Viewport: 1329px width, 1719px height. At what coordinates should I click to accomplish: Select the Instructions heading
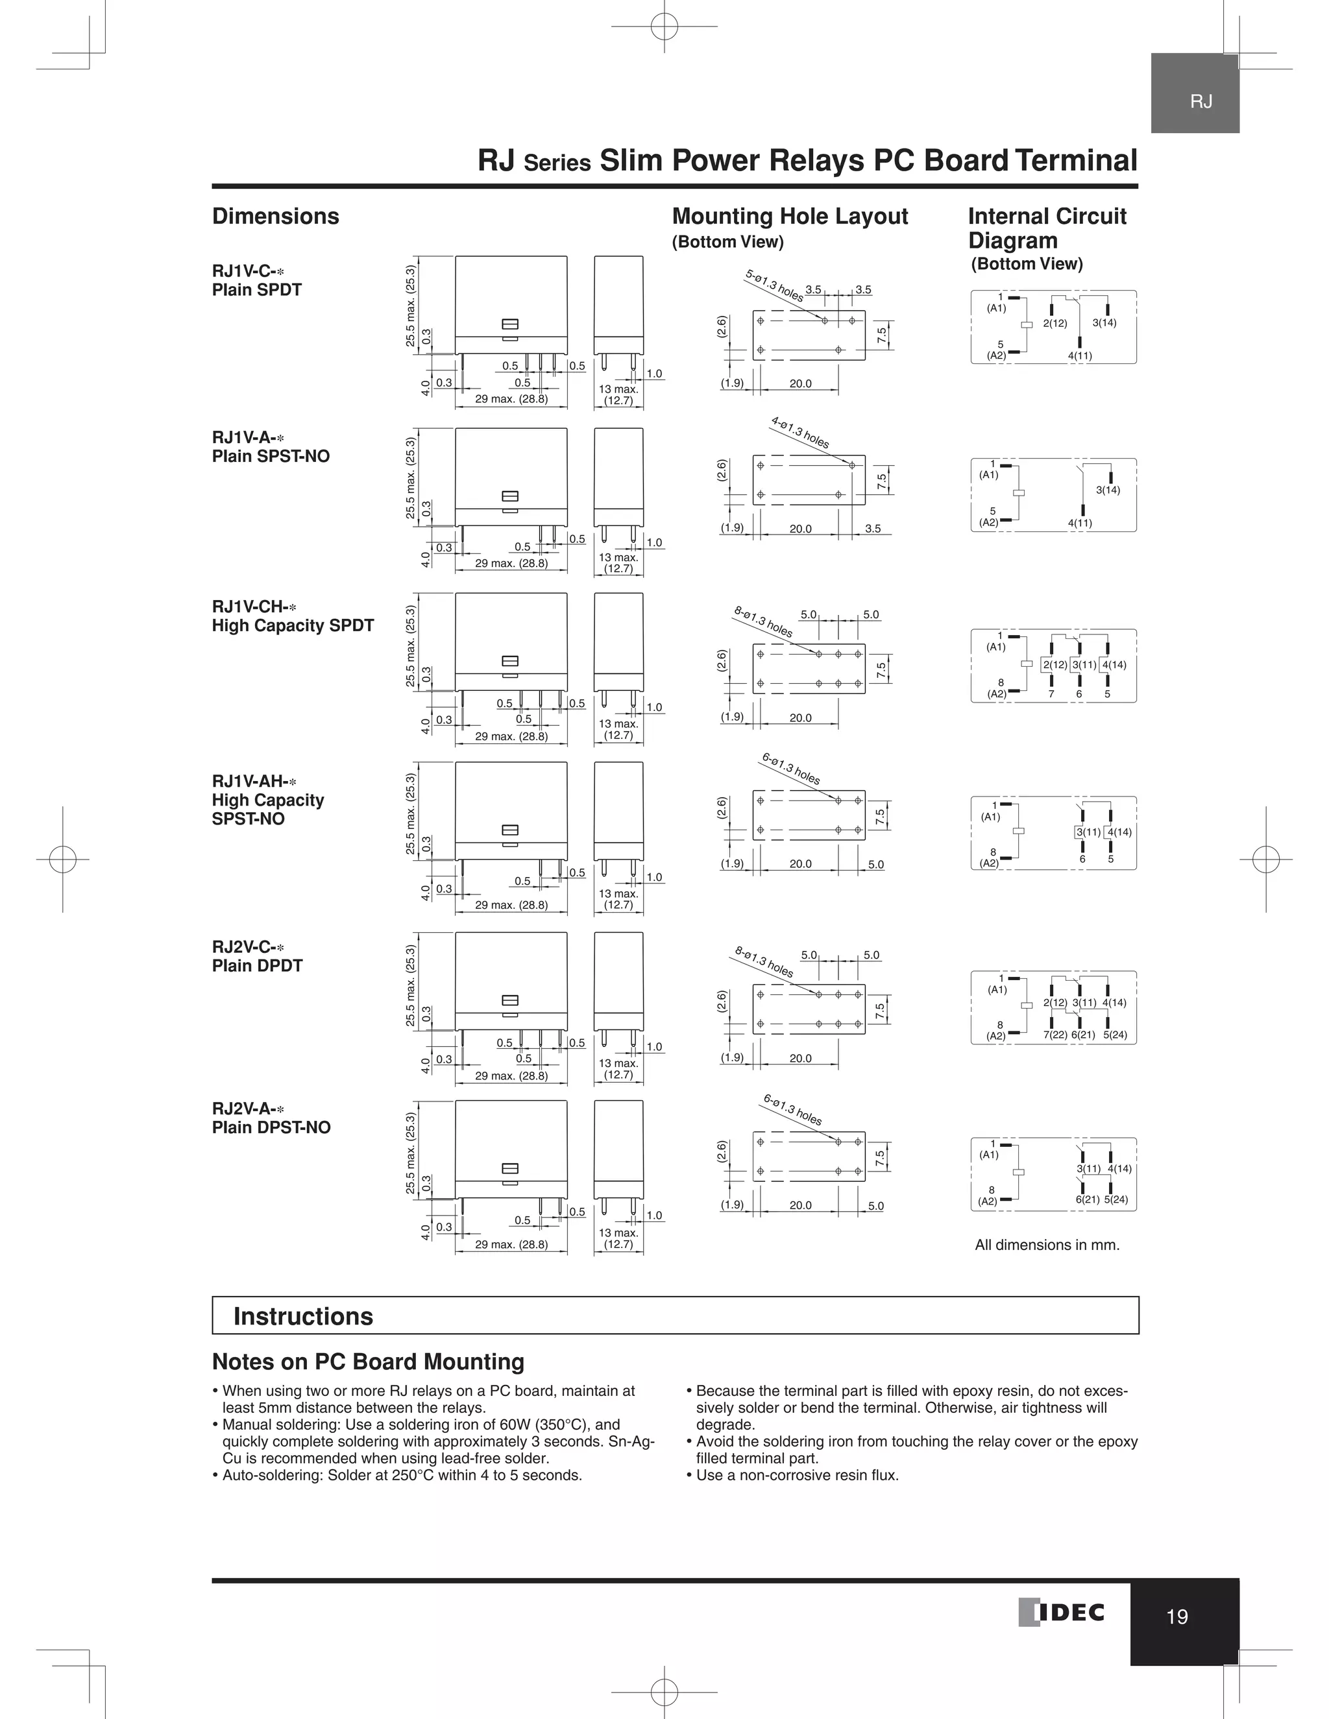click(303, 1316)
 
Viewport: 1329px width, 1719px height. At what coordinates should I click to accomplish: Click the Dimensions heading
click(276, 217)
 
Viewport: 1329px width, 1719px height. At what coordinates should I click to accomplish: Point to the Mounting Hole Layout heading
click(790, 217)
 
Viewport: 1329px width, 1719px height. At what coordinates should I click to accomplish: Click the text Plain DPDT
click(257, 966)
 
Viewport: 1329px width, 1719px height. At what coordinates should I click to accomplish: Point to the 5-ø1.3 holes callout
click(775, 285)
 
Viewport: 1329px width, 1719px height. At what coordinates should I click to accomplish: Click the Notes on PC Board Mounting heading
click(368, 1362)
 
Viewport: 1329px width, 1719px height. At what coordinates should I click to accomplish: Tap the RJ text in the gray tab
click(1201, 102)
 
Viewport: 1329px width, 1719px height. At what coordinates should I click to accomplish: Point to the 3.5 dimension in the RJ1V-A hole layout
click(872, 529)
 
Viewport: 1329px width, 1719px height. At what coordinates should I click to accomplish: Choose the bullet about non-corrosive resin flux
click(793, 1475)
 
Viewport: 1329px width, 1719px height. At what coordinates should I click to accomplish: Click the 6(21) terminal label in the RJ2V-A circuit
click(1088, 1199)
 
